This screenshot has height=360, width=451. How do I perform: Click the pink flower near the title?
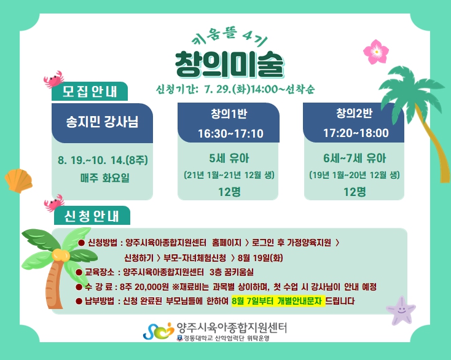pos(376,52)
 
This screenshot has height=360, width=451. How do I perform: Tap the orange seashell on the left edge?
pos(18,181)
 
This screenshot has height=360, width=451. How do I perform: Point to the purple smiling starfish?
pos(401,310)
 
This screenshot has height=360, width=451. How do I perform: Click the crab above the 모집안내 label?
pos(54,79)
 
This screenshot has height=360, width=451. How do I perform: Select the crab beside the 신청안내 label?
pos(54,203)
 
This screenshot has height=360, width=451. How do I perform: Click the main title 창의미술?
pos(229,65)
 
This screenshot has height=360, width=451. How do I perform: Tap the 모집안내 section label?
pos(90,92)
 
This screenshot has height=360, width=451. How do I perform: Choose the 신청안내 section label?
pos(92,216)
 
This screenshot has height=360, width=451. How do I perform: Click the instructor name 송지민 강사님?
pos(102,122)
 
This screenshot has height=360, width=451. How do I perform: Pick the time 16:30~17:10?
pos(230,134)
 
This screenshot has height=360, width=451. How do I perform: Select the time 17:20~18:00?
pos(356,133)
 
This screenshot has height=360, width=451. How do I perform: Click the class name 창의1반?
pos(229,114)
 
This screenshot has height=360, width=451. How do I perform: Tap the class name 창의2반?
pos(355,113)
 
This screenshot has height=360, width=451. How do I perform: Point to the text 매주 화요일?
pos(105,178)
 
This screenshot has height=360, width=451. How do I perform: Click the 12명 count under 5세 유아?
pos(229,192)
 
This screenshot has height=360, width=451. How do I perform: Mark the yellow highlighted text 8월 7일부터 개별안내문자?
pos(278,301)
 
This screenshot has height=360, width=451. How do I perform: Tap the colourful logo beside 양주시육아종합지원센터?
pos(159,331)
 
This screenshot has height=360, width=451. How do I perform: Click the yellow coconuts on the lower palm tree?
pos(61,255)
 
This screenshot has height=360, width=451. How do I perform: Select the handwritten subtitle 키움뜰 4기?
pos(230,37)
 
